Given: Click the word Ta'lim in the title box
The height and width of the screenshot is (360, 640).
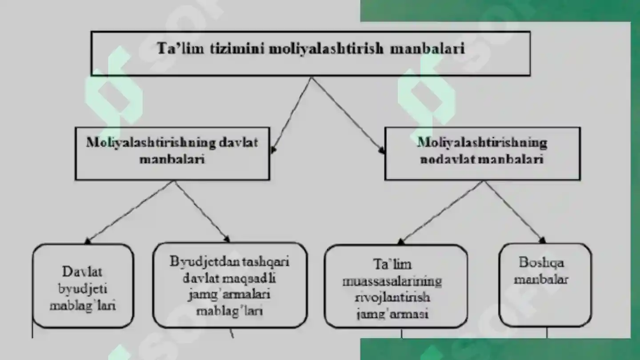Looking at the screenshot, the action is coord(180,48).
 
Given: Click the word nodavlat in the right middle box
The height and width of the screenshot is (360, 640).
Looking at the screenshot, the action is coord(447,159).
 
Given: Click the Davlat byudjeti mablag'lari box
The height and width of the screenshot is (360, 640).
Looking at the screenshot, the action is coord(83,285).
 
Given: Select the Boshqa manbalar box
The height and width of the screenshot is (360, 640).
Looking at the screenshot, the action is coord(545,285).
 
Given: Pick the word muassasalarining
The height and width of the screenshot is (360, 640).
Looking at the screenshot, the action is coord(392,281).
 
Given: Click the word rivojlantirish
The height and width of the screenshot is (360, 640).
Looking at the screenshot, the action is coord(392,297).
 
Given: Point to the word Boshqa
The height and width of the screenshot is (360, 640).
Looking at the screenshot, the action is coord(541,263).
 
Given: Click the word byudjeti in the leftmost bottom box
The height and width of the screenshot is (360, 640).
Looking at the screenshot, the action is coord(83,289).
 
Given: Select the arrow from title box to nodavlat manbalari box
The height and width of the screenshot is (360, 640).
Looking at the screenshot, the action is coord(348,116).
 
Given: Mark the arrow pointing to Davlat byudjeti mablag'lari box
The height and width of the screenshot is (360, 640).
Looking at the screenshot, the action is coord(130,212).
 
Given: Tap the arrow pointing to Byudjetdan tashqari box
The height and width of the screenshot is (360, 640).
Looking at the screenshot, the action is coord(202,212).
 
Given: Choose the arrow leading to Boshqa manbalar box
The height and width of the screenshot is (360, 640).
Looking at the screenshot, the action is coord(515,212).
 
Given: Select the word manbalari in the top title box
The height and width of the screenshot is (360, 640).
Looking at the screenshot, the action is coord(427,48).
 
